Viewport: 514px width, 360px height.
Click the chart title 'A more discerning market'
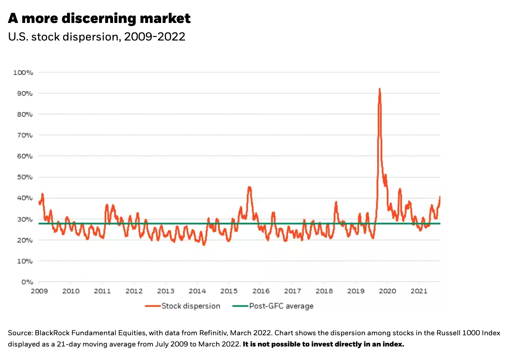pyautogui.click(x=99, y=18)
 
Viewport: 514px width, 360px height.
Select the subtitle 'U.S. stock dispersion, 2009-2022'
pyautogui.click(x=97, y=37)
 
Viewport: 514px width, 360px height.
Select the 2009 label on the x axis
pyautogui.click(x=39, y=291)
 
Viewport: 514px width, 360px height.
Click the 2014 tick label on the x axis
pyautogui.click(x=198, y=291)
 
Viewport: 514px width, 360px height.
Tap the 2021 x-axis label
pyautogui.click(x=419, y=291)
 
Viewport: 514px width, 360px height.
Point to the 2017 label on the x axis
pyautogui.click(x=293, y=291)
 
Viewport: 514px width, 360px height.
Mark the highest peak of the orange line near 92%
pyautogui.click(x=379, y=89)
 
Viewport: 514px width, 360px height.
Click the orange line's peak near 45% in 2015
pyautogui.click(x=249, y=187)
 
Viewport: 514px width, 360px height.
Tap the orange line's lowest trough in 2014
pyautogui.click(x=204, y=245)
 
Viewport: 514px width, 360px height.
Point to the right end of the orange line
pyautogui.click(x=440, y=197)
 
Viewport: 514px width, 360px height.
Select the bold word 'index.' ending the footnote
pyautogui.click(x=394, y=344)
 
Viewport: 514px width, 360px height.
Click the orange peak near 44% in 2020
pyautogui.click(x=400, y=189)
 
